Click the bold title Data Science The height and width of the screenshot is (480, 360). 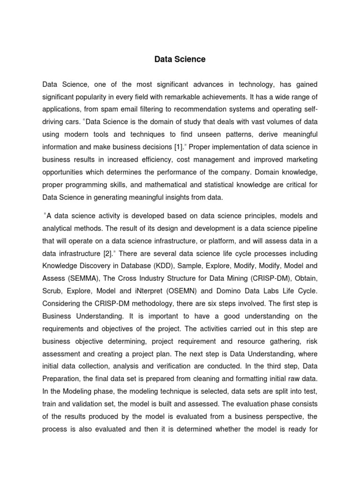pos(180,60)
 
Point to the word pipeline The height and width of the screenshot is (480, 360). pos(304,228)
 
